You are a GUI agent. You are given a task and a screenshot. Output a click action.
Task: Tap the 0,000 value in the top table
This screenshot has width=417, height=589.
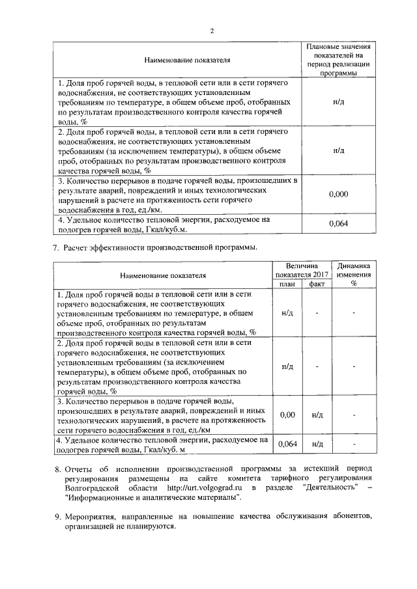(339, 194)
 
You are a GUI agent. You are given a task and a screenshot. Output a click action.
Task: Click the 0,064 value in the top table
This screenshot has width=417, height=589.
(339, 224)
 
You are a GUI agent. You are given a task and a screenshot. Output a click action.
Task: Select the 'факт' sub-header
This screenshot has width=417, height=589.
(317, 283)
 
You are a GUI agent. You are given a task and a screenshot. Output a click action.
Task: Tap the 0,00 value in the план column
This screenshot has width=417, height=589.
(287, 414)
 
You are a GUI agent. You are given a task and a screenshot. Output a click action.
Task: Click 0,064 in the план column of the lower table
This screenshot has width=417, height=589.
(287, 444)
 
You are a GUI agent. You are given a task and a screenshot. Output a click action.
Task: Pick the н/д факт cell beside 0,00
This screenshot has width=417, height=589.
(317, 414)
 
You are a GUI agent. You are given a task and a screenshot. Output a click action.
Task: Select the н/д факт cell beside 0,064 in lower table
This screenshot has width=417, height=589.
(317, 444)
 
